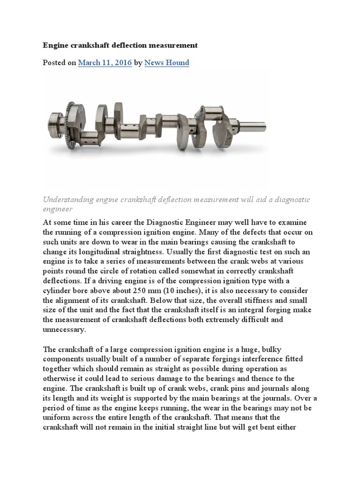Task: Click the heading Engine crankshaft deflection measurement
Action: [x=120, y=45]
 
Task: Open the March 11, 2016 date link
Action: [x=105, y=62]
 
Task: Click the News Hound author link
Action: [x=167, y=62]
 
